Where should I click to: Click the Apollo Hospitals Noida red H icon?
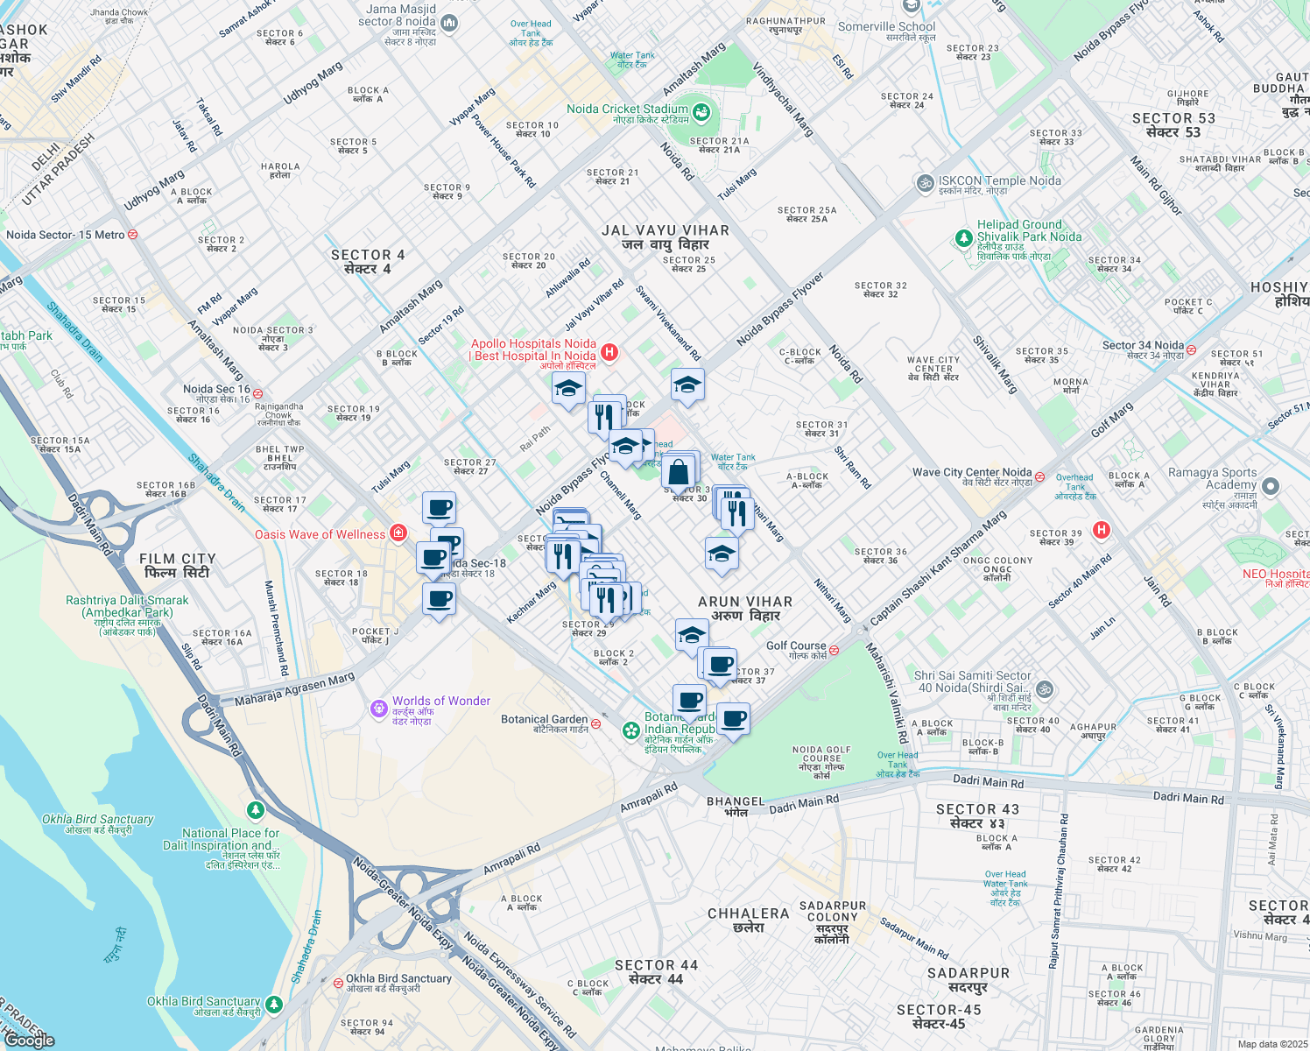[609, 352]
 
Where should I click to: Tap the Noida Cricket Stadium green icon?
[701, 112]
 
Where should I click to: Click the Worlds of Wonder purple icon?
[378, 708]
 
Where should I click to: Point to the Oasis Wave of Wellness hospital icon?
[398, 533]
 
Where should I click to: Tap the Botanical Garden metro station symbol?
[595, 723]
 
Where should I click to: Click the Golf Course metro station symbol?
[834, 650]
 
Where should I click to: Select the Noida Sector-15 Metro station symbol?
[133, 235]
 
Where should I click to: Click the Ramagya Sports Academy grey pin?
[1271, 485]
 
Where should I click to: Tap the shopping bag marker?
[679, 474]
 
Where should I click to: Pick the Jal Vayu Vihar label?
[666, 236]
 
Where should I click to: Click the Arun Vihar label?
[744, 608]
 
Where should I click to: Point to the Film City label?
[177, 565]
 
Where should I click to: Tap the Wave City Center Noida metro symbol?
[1039, 476]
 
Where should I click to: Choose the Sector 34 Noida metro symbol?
[1191, 349]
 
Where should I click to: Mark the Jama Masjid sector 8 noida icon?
[449, 22]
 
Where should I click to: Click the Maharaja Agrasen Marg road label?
[294, 689]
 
